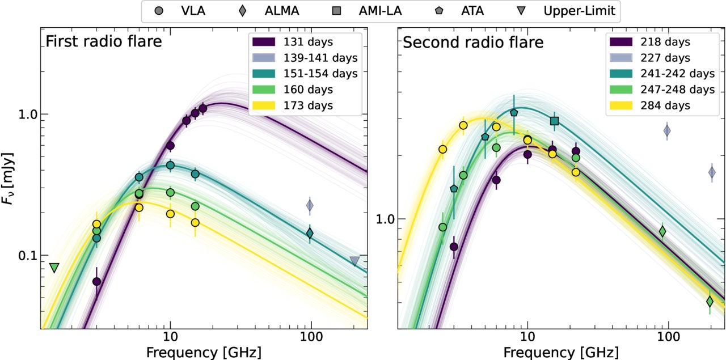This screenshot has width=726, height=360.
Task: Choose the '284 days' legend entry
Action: [x=659, y=105]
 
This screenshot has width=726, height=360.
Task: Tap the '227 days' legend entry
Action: [x=659, y=58]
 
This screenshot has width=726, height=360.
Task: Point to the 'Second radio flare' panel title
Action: [x=473, y=42]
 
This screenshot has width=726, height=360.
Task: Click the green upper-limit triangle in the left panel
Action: [x=54, y=268]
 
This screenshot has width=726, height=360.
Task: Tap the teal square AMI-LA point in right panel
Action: [x=555, y=121]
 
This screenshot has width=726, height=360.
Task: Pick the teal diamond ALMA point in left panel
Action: [x=310, y=232]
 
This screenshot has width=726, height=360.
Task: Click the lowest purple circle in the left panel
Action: [x=96, y=281]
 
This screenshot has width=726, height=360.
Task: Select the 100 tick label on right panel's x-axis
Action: [x=668, y=336]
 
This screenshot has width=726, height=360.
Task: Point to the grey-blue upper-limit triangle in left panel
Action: [x=354, y=261]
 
